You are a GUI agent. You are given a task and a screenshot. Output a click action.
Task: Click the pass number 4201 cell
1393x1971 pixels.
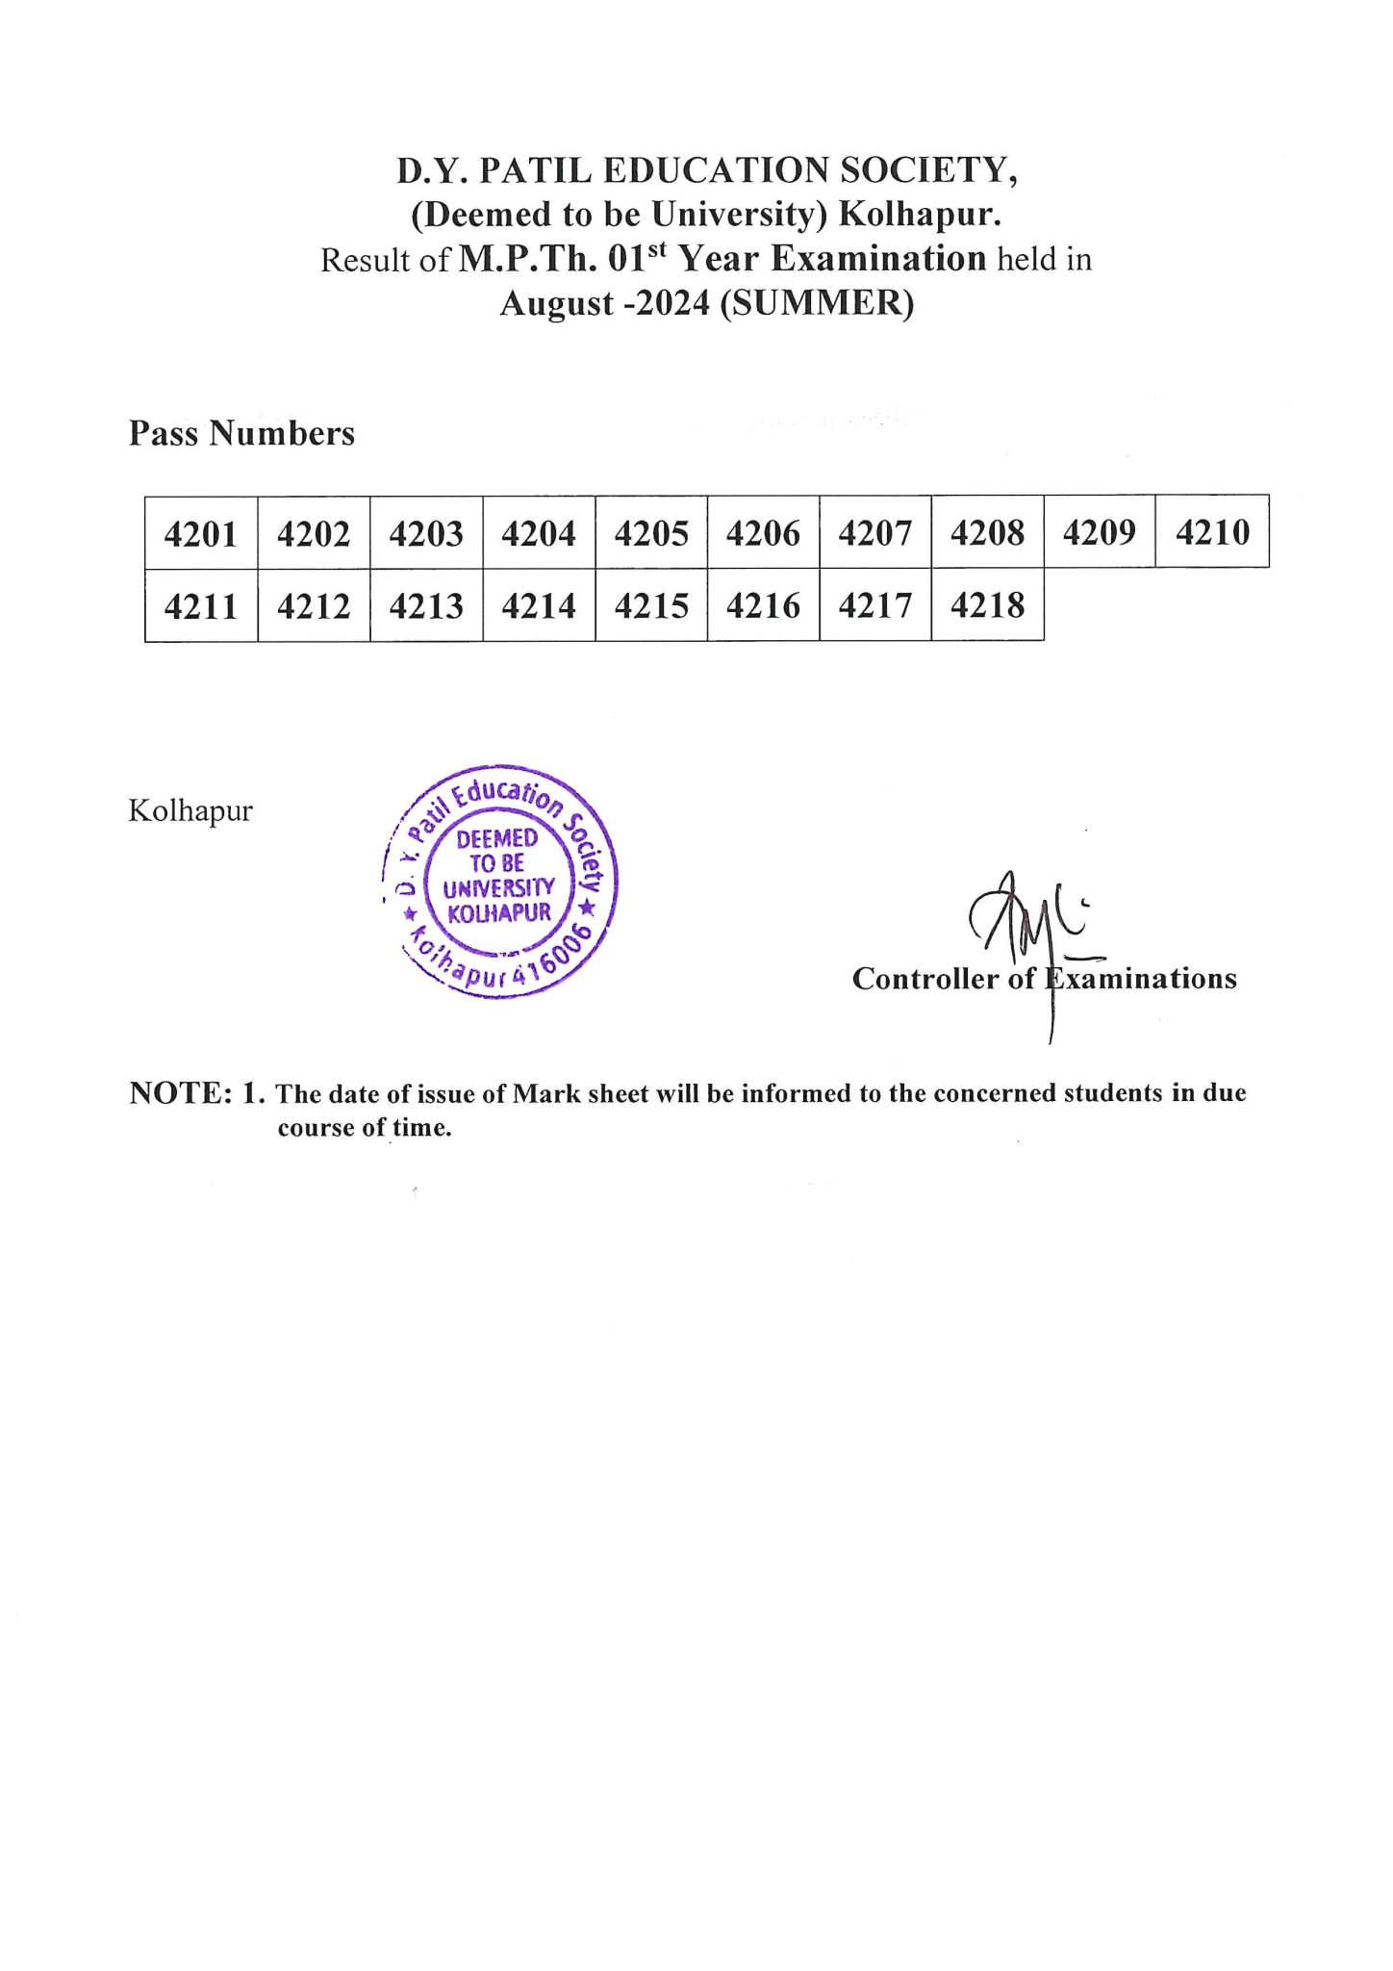coord(200,533)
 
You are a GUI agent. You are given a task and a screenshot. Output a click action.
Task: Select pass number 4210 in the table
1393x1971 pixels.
coord(1212,532)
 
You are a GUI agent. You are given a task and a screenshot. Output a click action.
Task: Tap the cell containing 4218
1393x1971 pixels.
coord(987,605)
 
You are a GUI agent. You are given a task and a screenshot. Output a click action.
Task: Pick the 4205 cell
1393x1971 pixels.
coord(651,533)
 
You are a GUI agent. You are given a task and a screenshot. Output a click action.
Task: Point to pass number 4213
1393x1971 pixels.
coord(426,606)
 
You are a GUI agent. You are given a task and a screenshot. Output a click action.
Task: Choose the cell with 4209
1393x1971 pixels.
coord(1099,532)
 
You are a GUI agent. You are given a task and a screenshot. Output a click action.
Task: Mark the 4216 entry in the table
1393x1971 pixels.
coord(763,605)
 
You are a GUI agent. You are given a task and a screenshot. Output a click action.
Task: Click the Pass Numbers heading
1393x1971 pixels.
coord(241,433)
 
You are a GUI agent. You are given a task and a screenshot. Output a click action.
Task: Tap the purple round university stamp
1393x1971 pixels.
coord(500,882)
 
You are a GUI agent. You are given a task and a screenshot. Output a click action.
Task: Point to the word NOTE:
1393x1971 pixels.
coord(181,1093)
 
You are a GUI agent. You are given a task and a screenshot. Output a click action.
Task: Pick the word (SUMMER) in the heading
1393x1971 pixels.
coord(817,303)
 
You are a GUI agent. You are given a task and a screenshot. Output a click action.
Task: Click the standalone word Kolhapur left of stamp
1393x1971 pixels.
coord(190,810)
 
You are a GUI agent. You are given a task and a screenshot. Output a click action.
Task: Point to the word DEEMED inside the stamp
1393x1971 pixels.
coord(496,839)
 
